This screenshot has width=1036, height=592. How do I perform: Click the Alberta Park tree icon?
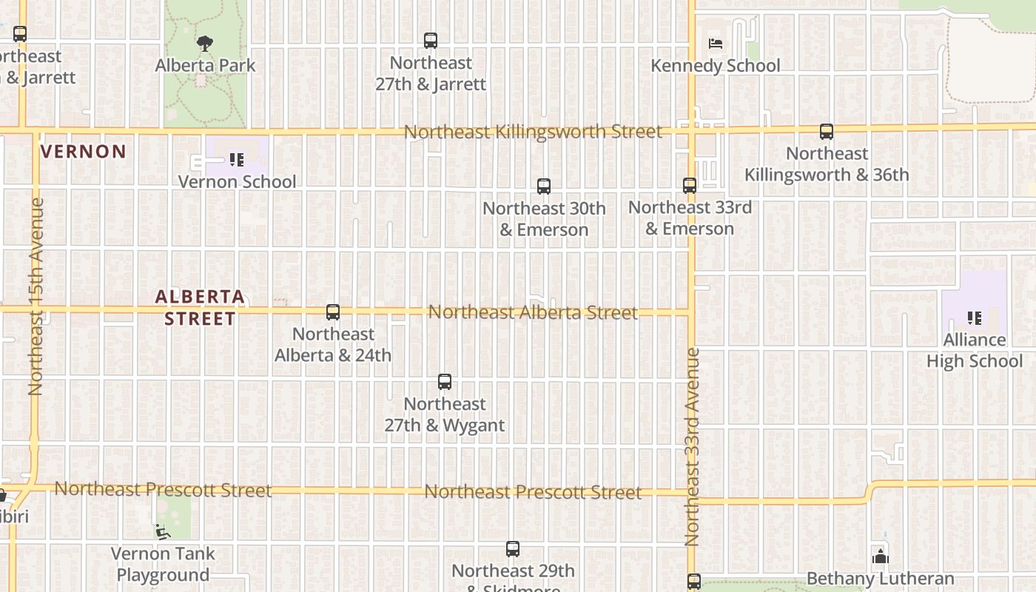(x=205, y=44)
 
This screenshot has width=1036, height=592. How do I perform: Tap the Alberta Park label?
(x=205, y=65)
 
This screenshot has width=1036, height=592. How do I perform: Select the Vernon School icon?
(x=237, y=159)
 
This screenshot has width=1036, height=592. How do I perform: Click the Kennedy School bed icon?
(x=715, y=43)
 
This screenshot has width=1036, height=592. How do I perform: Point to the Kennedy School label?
(x=715, y=66)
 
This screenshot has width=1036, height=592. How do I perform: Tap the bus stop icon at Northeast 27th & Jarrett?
(x=431, y=41)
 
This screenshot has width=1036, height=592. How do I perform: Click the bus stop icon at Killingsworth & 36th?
(x=827, y=132)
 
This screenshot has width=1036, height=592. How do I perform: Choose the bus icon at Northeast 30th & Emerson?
(x=544, y=186)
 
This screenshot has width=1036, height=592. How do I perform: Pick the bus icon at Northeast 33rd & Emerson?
(x=690, y=186)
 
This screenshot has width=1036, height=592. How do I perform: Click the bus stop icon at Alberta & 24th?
(x=333, y=312)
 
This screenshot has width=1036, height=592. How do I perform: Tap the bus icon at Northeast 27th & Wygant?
(x=445, y=382)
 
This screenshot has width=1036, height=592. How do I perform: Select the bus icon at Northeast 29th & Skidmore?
(x=513, y=549)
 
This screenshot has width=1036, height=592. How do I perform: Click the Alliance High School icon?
(x=975, y=318)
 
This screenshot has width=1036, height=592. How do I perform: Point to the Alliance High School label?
(x=975, y=350)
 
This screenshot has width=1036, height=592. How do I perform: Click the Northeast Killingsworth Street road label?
(x=533, y=132)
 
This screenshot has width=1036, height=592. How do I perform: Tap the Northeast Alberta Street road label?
(x=533, y=312)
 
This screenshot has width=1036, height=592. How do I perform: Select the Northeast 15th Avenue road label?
(x=36, y=296)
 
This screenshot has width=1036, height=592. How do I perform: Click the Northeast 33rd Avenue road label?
(x=693, y=447)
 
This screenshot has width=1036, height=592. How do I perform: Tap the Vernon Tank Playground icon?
(x=162, y=531)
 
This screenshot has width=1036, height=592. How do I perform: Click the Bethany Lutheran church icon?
(x=881, y=556)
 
